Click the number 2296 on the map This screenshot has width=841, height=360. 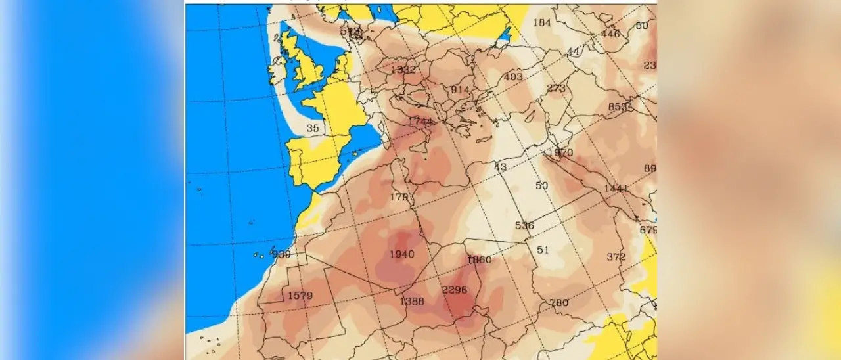tap(455, 290)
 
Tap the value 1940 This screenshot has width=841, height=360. tap(401, 254)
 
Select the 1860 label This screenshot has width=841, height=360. tap(479, 259)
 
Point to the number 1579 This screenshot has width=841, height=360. tap(300, 296)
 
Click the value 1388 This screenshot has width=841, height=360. tap(412, 302)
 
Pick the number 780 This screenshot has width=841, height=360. tap(558, 303)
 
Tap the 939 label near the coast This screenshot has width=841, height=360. tap(282, 254)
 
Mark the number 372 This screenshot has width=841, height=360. tap(616, 256)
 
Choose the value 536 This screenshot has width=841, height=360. tap(524, 225)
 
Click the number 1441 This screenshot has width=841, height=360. tap(616, 189)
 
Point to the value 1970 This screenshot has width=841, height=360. tap(560, 153)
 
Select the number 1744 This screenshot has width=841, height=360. tap(420, 122)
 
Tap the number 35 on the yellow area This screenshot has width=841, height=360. tap(313, 129)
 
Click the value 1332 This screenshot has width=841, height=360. tap(403, 70)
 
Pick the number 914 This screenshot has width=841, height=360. tap(460, 89)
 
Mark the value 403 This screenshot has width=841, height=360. tap(513, 77)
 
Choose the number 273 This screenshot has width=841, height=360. tap(556, 89)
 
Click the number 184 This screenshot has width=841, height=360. tap(541, 22)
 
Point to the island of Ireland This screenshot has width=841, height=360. tap(277, 68)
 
